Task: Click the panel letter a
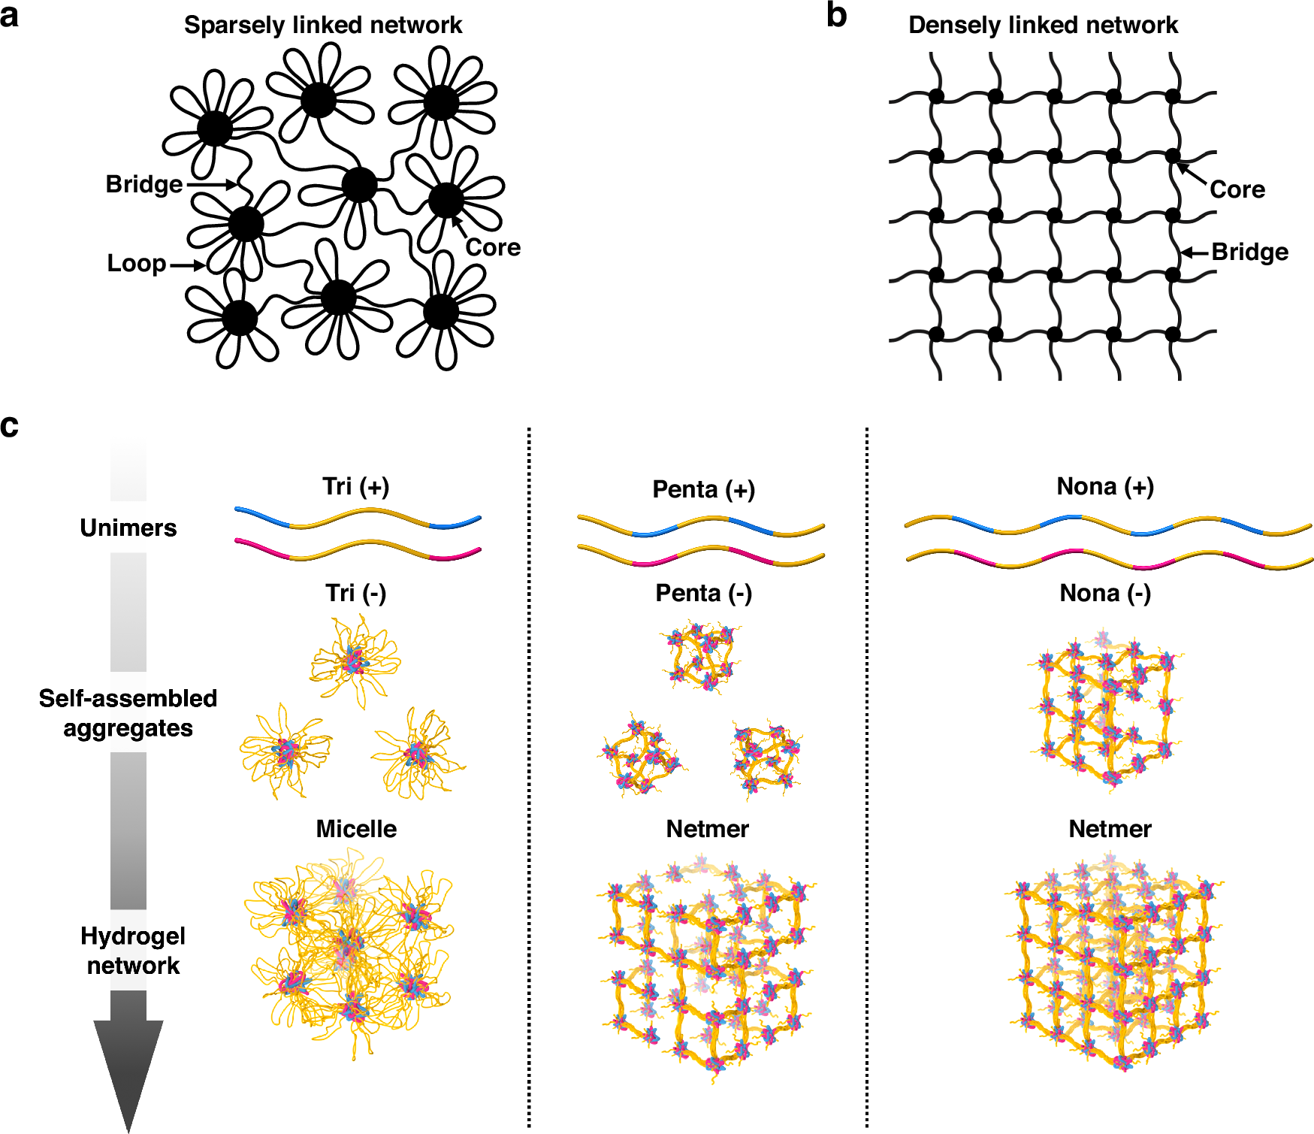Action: (10, 16)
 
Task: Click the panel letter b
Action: (836, 16)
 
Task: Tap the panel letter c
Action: (10, 426)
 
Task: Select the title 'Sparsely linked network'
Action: (323, 25)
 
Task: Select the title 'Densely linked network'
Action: (1043, 25)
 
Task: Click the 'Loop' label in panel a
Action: (136, 263)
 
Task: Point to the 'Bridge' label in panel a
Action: (143, 184)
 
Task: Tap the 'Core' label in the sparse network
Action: (493, 247)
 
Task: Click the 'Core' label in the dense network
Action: (1237, 189)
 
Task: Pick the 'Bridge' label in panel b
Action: (1249, 252)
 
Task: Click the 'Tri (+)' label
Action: (356, 486)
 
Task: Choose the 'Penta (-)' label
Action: (703, 593)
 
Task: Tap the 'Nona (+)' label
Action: (1105, 486)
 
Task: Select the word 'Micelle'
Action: (356, 829)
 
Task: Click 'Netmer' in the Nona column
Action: (1110, 829)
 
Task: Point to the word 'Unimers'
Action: (128, 528)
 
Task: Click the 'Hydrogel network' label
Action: (133, 951)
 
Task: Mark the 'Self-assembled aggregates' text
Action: (128, 713)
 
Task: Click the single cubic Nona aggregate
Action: (1104, 714)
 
